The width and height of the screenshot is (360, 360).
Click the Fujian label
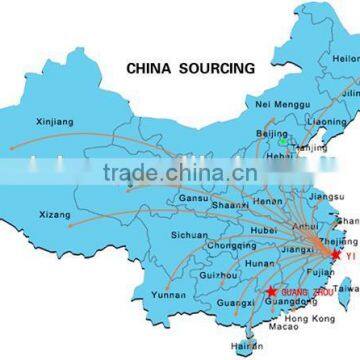click(x=313, y=271)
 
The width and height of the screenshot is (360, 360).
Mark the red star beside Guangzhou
click(x=271, y=291)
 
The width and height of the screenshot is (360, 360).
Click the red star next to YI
click(x=336, y=254)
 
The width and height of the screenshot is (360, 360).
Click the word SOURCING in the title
click(x=221, y=70)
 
